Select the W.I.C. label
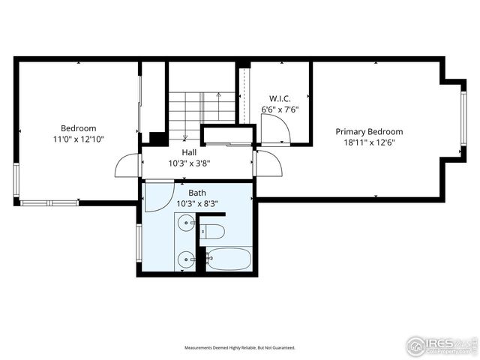tap(280, 98)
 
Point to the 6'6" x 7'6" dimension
tap(280, 109)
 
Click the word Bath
tap(196, 193)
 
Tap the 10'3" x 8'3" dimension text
tap(196, 203)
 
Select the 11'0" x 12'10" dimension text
tap(78, 139)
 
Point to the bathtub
tap(229, 259)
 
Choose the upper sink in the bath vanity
tap(185, 223)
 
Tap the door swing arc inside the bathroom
tap(157, 196)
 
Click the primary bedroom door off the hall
tap(267, 163)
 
